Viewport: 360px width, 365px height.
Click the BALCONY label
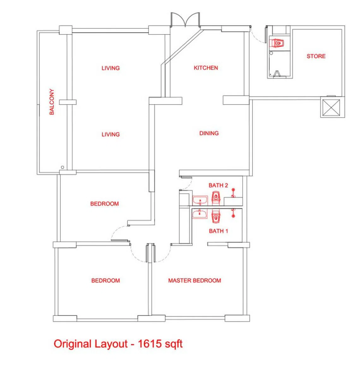[x=51, y=102]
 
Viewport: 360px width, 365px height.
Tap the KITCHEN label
[x=206, y=68]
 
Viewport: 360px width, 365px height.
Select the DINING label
[x=209, y=133]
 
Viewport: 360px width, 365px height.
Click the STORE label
[x=316, y=56]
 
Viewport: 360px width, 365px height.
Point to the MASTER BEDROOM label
[x=195, y=281]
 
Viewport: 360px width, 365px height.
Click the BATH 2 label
[x=218, y=185]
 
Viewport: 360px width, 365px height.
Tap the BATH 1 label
[x=219, y=231]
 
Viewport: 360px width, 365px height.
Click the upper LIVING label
[x=111, y=68]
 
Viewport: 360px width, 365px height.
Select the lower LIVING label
[x=111, y=134]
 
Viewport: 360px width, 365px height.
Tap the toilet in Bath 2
[x=216, y=198]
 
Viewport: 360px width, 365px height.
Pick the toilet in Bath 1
[x=216, y=216]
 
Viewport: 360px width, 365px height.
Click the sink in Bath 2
[x=200, y=201]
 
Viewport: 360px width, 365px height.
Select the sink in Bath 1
[x=200, y=214]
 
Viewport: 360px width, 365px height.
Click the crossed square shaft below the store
[x=331, y=107]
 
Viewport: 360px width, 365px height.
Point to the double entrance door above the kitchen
[x=185, y=20]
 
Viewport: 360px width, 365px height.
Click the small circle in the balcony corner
[x=62, y=167]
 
